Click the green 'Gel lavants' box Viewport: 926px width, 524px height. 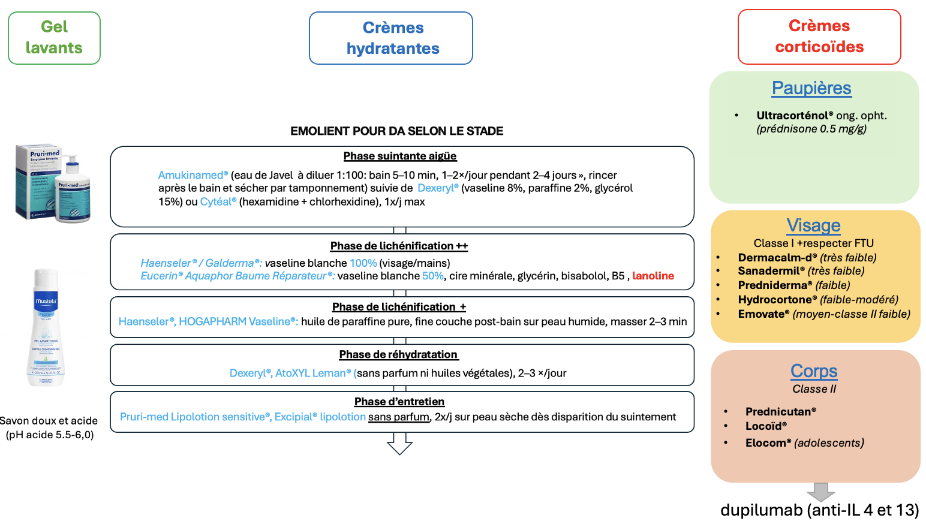54,38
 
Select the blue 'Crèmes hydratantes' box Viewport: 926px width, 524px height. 391,38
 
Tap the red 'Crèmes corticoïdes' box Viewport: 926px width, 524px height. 819,37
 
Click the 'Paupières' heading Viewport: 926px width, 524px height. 811,88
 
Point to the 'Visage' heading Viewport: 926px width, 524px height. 813,225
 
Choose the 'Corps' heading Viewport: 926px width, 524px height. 814,371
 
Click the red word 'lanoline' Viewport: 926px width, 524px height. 653,276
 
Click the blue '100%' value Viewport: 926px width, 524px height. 363,263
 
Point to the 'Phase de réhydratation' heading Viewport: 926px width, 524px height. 399,354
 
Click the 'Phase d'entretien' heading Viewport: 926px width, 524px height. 399,402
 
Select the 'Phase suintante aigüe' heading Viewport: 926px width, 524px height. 400,156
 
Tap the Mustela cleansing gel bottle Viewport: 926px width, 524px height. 46,327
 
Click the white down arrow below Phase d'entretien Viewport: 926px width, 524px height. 399,444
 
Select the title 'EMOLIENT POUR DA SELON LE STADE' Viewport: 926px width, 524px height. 397,131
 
